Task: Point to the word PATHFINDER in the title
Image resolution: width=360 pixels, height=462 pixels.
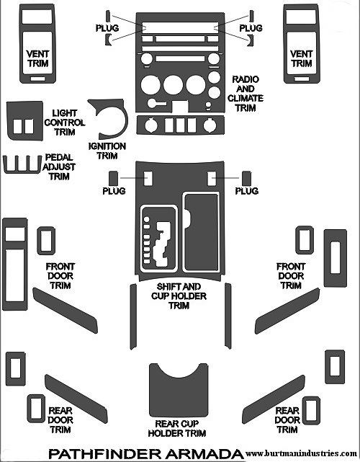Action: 104,454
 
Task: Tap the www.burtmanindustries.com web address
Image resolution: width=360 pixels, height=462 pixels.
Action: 301,453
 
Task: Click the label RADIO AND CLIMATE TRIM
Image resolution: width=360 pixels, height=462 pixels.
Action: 246,94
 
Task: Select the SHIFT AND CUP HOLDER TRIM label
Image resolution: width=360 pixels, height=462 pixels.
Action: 179,296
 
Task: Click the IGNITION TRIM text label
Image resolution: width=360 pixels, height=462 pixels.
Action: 107,151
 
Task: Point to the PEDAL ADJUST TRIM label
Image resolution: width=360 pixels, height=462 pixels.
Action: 59,166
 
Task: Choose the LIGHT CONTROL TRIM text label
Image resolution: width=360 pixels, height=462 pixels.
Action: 65,123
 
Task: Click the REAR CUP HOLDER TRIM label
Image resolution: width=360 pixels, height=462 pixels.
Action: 177,428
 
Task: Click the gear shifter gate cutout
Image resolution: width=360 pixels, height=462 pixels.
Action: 163,244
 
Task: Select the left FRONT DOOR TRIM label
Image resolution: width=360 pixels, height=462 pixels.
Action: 60,276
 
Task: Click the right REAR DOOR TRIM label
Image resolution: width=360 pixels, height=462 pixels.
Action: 287,420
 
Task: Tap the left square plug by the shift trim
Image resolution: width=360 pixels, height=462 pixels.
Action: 113,179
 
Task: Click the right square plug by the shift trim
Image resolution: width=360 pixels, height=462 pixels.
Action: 246,179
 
